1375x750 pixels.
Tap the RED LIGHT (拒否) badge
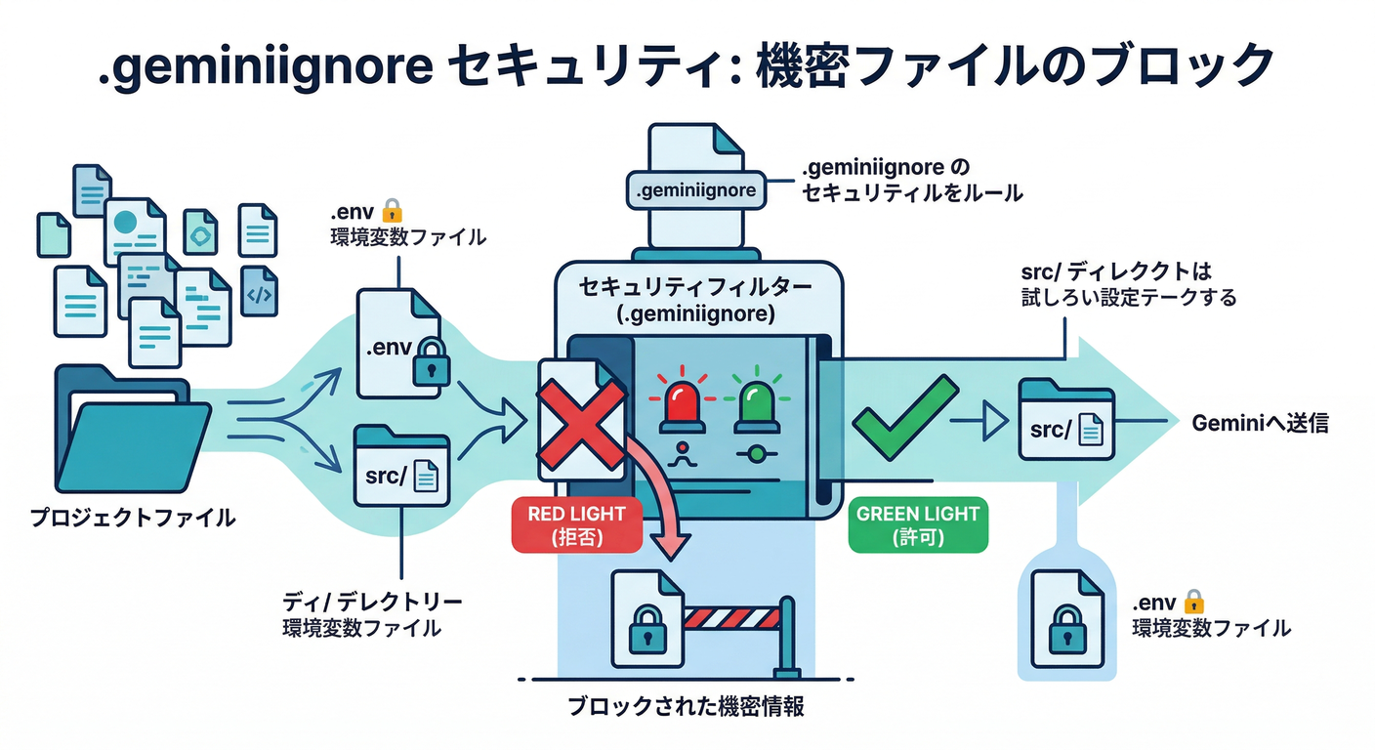[x=576, y=524]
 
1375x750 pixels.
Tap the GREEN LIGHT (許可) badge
[x=918, y=524]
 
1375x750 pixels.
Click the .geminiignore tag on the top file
[x=695, y=189]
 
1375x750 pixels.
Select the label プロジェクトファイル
[x=133, y=518]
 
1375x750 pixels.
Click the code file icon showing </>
[x=259, y=291]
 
